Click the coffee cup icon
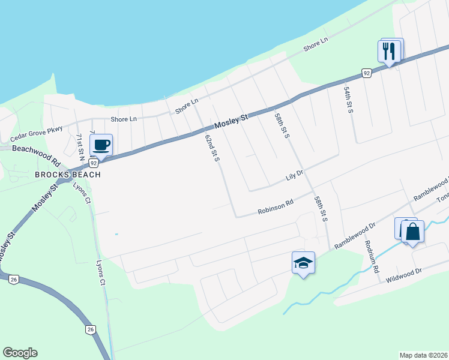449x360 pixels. [101, 144]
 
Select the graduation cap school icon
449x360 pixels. [303, 263]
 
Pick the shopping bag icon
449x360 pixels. [412, 232]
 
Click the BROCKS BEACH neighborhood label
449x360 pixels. [67, 175]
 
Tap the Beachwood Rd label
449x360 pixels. [37, 154]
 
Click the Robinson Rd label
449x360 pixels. [276, 208]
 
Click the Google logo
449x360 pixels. [20, 353]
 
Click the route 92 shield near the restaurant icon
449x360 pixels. [366, 73]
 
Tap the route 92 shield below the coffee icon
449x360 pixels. [93, 163]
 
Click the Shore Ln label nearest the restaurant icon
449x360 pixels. [316, 44]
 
